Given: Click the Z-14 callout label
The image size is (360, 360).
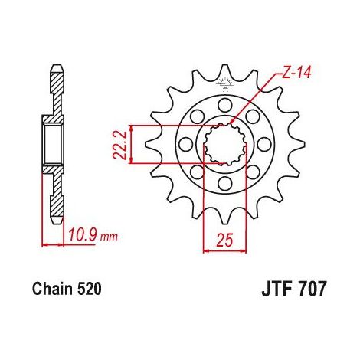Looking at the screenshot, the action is (296, 73).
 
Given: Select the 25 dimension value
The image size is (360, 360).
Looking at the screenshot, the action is (225, 240).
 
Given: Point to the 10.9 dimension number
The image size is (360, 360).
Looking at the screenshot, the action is (83, 235).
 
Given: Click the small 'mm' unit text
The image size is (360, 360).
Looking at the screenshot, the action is (109, 237).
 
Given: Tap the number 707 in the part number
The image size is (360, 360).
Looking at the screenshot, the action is (313, 290).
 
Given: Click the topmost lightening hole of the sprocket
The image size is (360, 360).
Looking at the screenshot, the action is (225, 105).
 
